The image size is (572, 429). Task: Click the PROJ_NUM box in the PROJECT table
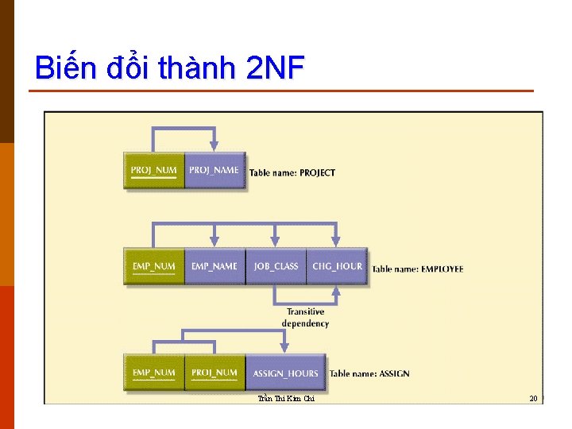click(153, 170)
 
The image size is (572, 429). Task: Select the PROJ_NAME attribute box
click(214, 170)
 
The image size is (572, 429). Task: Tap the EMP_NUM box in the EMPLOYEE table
click(153, 266)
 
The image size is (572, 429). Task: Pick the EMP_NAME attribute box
click(214, 266)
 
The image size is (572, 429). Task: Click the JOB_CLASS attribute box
click(276, 266)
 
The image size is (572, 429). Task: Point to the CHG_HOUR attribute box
click(337, 266)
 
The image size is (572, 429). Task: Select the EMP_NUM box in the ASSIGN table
click(153, 373)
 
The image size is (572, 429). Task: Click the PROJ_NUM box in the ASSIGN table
click(214, 373)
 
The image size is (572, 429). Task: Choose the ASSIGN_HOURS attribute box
click(285, 373)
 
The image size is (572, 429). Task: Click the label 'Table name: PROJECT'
click(292, 172)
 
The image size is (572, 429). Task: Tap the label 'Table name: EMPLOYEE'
click(417, 269)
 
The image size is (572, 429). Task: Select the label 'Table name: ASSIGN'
click(369, 373)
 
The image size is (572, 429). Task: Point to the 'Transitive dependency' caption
click(305, 318)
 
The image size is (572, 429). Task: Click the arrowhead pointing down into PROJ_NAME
click(214, 146)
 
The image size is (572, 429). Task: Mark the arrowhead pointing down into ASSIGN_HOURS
click(284, 348)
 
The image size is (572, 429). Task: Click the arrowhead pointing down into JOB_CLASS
click(276, 242)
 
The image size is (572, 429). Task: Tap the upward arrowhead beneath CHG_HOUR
click(336, 291)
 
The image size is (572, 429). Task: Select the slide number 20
click(534, 398)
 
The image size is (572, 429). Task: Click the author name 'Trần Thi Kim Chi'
click(287, 399)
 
